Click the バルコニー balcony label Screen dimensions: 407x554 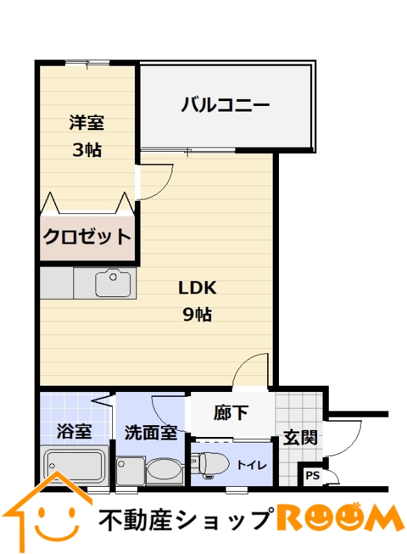tap(225, 105)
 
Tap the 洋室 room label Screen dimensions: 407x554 tap(87, 123)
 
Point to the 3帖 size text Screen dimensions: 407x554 tap(87, 150)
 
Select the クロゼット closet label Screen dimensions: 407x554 tap(87, 236)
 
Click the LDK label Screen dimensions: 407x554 tap(197, 288)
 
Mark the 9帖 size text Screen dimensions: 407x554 tap(197, 314)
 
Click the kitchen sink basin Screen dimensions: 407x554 tap(113, 283)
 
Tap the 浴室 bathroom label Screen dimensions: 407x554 tap(74, 431)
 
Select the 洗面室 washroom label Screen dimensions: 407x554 tap(151, 432)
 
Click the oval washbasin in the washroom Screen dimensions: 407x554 tap(164, 469)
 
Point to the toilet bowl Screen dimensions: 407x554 tap(212, 463)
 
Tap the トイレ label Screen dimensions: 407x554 tap(252, 465)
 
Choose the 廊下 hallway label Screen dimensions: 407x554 tap(231, 412)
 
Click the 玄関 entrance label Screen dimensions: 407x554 tap(300, 438)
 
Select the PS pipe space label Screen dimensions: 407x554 tap(312, 476)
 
